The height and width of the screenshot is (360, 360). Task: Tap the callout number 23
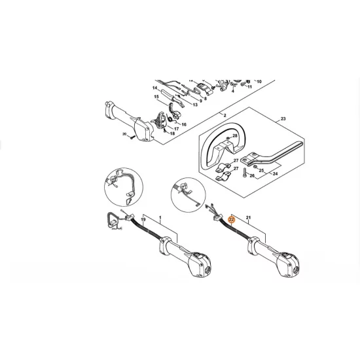tap(283, 118)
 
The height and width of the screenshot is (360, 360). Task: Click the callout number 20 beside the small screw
tap(124, 134)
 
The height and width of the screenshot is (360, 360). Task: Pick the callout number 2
tap(224, 116)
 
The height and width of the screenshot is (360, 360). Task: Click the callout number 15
tap(156, 98)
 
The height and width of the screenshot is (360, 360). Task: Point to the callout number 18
tap(172, 133)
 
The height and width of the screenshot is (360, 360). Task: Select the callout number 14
tap(155, 88)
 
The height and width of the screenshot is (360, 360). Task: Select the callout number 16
tap(184, 124)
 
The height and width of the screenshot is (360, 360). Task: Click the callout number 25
tap(261, 170)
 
